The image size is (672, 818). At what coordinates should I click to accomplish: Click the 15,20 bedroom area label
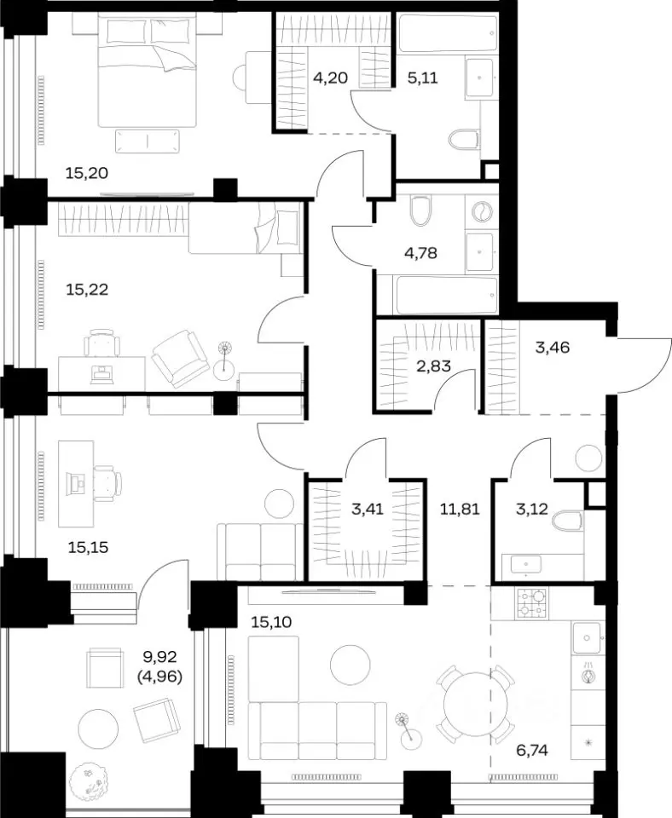click(x=87, y=172)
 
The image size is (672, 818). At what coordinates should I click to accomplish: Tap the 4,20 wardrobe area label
click(x=330, y=78)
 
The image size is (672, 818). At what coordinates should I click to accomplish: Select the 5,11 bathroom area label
click(x=422, y=78)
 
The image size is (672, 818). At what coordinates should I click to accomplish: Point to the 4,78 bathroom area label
click(x=420, y=254)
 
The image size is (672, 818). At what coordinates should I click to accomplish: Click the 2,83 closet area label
click(x=433, y=366)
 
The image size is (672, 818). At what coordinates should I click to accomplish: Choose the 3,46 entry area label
click(x=553, y=347)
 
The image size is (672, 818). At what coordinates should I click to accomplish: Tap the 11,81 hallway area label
click(x=460, y=509)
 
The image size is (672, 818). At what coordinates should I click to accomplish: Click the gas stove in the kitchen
click(x=531, y=603)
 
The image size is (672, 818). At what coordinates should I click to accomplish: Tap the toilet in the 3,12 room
click(x=566, y=521)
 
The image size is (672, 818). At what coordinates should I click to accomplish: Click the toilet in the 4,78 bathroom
click(x=420, y=210)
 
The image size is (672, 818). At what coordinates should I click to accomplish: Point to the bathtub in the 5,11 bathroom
click(x=448, y=33)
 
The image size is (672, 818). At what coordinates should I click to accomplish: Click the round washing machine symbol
click(x=482, y=212)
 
